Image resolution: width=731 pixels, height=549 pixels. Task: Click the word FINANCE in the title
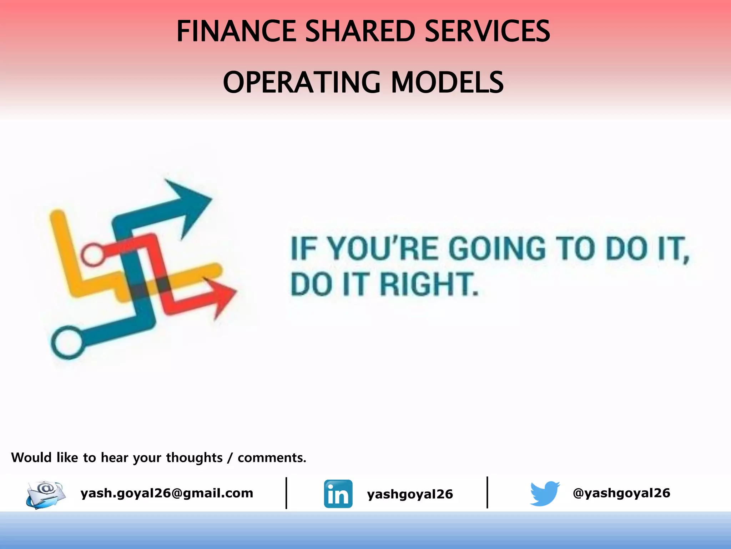[236, 31]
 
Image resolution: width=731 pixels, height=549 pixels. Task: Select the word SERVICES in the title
[488, 31]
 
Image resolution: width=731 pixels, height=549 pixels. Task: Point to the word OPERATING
[302, 82]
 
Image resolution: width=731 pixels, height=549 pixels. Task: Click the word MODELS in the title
[447, 82]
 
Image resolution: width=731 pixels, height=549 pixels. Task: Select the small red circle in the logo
[92, 254]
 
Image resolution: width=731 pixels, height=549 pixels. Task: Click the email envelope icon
[46, 494]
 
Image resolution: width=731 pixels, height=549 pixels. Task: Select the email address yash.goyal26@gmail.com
[167, 493]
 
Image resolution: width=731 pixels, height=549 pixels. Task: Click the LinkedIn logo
[338, 494]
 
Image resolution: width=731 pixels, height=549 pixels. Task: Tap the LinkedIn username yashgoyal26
[410, 494]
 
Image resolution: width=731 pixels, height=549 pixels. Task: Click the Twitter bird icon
[544, 493]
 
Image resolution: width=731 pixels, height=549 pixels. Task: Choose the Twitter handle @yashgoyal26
[621, 493]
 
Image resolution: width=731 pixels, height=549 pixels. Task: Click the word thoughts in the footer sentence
[194, 457]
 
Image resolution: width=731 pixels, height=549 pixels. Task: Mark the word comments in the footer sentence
[272, 457]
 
